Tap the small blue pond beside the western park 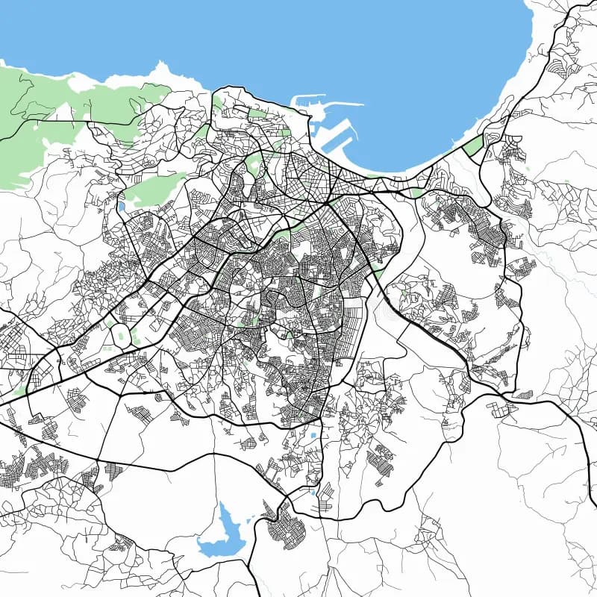(x=122, y=207)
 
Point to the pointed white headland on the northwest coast (x=160, y=74)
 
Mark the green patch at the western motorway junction (x=20, y=388)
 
